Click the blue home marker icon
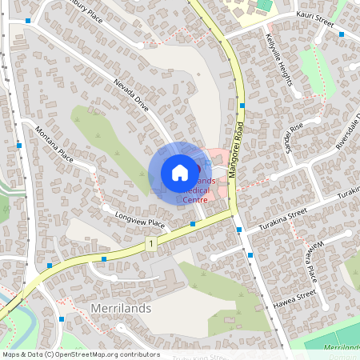click(x=179, y=172)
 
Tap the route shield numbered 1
click(x=150, y=242)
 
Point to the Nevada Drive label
click(x=131, y=94)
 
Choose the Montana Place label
click(x=54, y=145)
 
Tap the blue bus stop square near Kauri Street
click(x=342, y=34)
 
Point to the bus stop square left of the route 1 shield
click(x=104, y=258)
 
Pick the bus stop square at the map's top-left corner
click(x=28, y=21)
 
